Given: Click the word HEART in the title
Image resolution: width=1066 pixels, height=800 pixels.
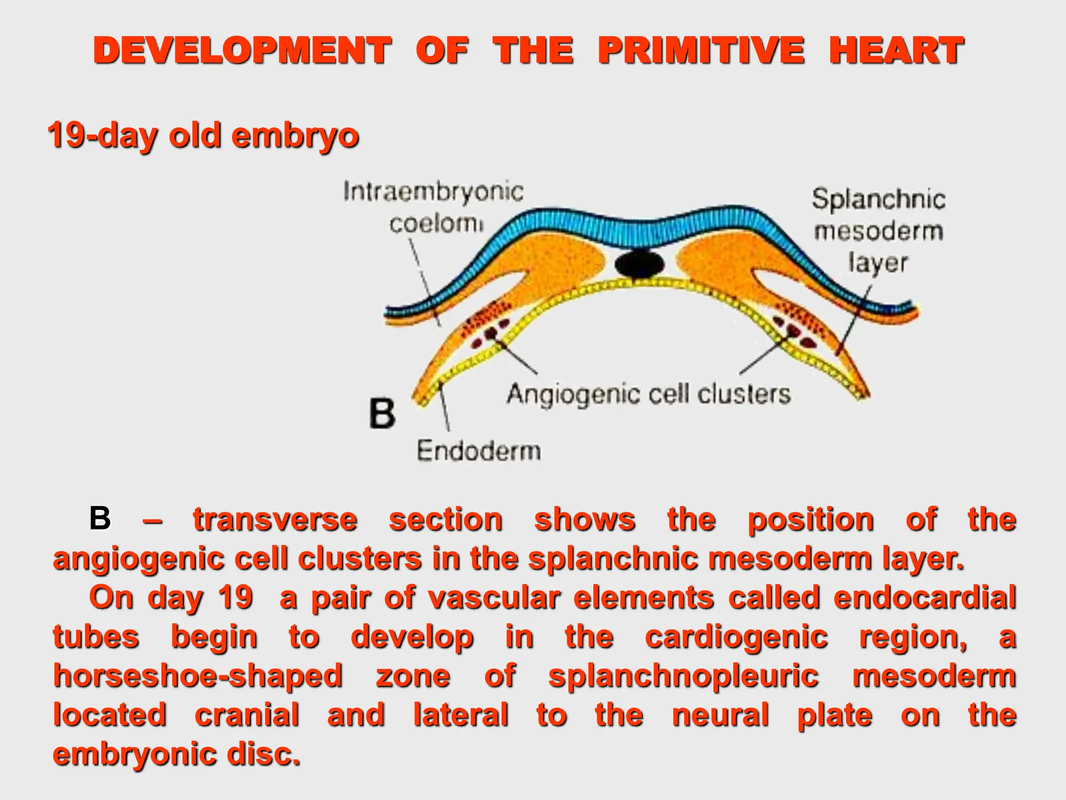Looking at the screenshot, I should click(x=896, y=51).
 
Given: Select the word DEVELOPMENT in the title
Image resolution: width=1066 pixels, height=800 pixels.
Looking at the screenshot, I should click(x=242, y=51).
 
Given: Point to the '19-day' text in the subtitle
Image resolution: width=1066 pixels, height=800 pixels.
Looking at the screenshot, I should click(x=102, y=135).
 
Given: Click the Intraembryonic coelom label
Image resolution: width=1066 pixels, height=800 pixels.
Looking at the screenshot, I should click(x=433, y=207).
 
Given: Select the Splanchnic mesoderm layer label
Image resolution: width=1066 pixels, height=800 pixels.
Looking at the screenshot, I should click(x=879, y=230).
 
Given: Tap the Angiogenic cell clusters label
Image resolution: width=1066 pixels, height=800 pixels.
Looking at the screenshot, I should click(x=649, y=394).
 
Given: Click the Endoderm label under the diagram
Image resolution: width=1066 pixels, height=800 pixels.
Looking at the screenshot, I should click(x=478, y=451).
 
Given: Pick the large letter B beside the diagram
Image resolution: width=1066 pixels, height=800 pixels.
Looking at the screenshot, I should click(x=382, y=414).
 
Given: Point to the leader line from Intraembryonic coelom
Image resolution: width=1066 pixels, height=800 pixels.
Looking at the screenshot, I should click(x=424, y=281).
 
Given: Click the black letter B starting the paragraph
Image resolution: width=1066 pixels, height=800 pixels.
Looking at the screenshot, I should click(x=100, y=519).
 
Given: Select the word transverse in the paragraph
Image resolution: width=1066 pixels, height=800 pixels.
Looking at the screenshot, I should click(x=275, y=520).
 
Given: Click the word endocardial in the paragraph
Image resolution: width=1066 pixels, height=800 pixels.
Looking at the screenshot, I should click(x=924, y=597).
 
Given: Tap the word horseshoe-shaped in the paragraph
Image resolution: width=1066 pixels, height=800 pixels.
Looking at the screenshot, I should click(x=198, y=676).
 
